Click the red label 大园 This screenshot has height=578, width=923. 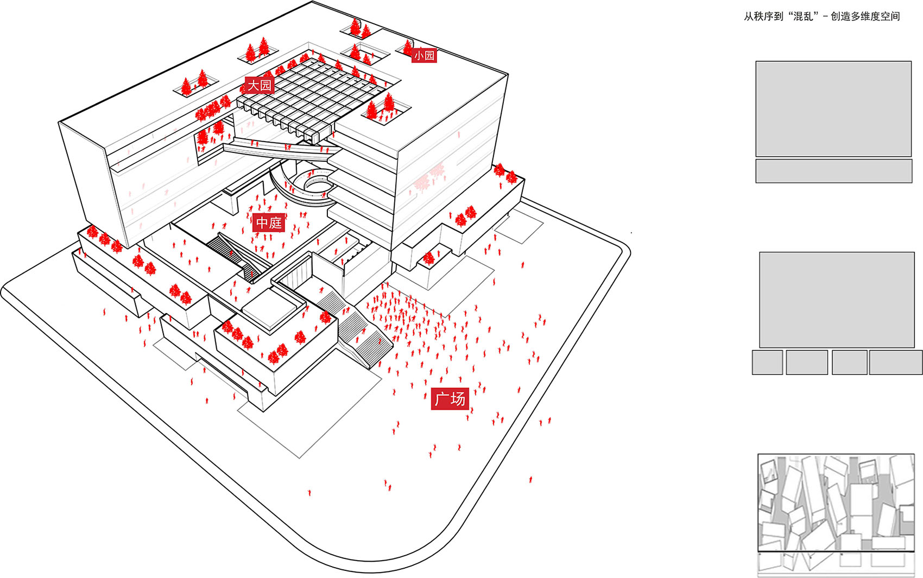pos(259,85)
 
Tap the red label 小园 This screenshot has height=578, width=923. pos(424,55)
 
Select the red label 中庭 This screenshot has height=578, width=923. pos(269,223)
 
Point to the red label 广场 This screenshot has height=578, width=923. pos(450,399)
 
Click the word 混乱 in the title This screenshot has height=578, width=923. pos(805,16)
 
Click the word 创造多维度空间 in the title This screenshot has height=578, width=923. pos(865,16)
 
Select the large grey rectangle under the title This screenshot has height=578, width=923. pos(833,109)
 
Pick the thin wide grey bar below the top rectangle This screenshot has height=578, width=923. pos(833,171)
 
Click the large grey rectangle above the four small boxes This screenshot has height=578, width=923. pos(837,300)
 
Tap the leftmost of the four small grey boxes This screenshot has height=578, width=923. pos(767,363)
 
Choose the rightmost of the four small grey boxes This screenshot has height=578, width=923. pos(895,363)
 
